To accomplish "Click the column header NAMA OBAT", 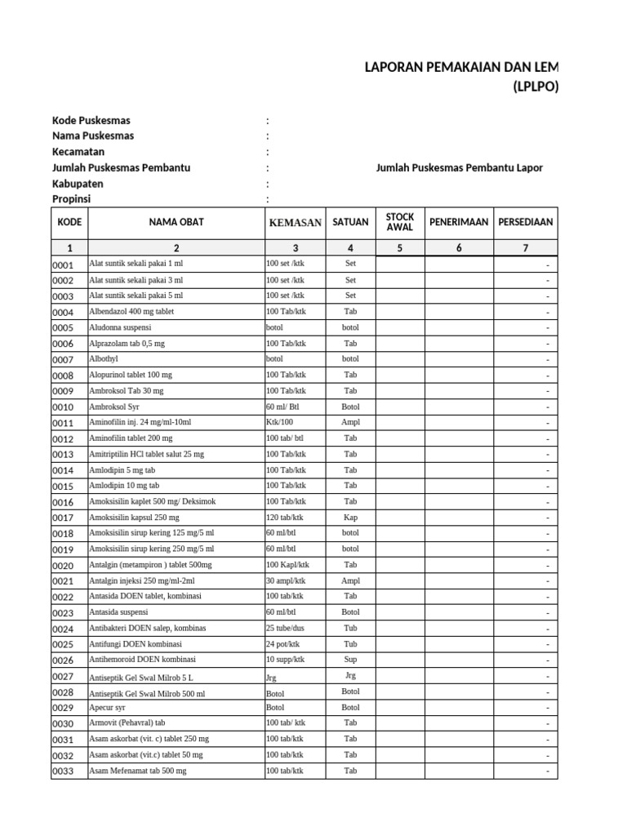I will pos(176,222).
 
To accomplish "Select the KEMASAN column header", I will pos(296,223).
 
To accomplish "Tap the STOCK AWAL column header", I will pos(400,222).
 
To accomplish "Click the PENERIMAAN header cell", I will pos(459,222).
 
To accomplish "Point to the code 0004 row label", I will pos(64,313).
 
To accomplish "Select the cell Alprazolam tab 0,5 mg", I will pos(127,344).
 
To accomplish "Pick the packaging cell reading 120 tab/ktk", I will pos(285,518).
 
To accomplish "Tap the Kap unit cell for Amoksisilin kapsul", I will pos(350,518).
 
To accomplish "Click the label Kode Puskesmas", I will pos(91,121).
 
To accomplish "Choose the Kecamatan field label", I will pos(78,152).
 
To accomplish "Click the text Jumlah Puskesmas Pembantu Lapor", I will pos(459,168).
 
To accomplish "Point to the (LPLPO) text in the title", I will pos(536,87).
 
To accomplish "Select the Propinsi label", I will pos(72,199).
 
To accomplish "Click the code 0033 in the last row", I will pos(64,772).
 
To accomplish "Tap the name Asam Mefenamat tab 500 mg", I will pos(137,771).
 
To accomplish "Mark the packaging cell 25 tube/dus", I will pos(286,628).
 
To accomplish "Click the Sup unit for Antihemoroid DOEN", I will pos(350,659).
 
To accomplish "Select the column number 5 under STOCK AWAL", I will pos(400,248).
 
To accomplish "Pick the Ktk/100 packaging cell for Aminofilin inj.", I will pos(279,423).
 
